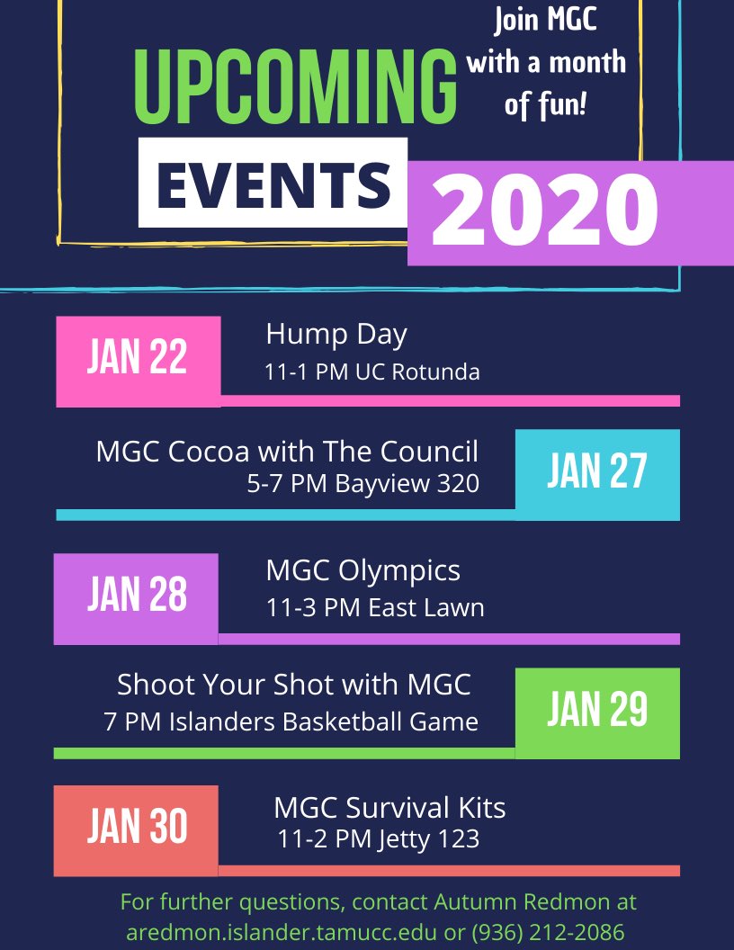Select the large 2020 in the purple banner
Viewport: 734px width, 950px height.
coord(545,212)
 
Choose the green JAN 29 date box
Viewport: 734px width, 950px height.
coord(597,711)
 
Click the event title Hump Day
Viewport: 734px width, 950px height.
coord(336,335)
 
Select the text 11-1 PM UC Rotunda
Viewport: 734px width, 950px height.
coord(371,372)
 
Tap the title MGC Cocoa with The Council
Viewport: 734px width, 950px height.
coord(287,452)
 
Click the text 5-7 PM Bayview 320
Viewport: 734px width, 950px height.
coord(363,485)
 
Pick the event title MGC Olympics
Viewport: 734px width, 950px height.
coord(363,570)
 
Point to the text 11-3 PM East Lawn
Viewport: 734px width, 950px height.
coord(374,608)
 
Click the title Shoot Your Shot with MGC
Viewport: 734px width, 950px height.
coord(294,685)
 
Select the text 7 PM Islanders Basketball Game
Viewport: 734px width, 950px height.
coord(291,721)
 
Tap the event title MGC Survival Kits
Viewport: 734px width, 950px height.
coord(389,807)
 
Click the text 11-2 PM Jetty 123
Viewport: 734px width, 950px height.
coord(378,840)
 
